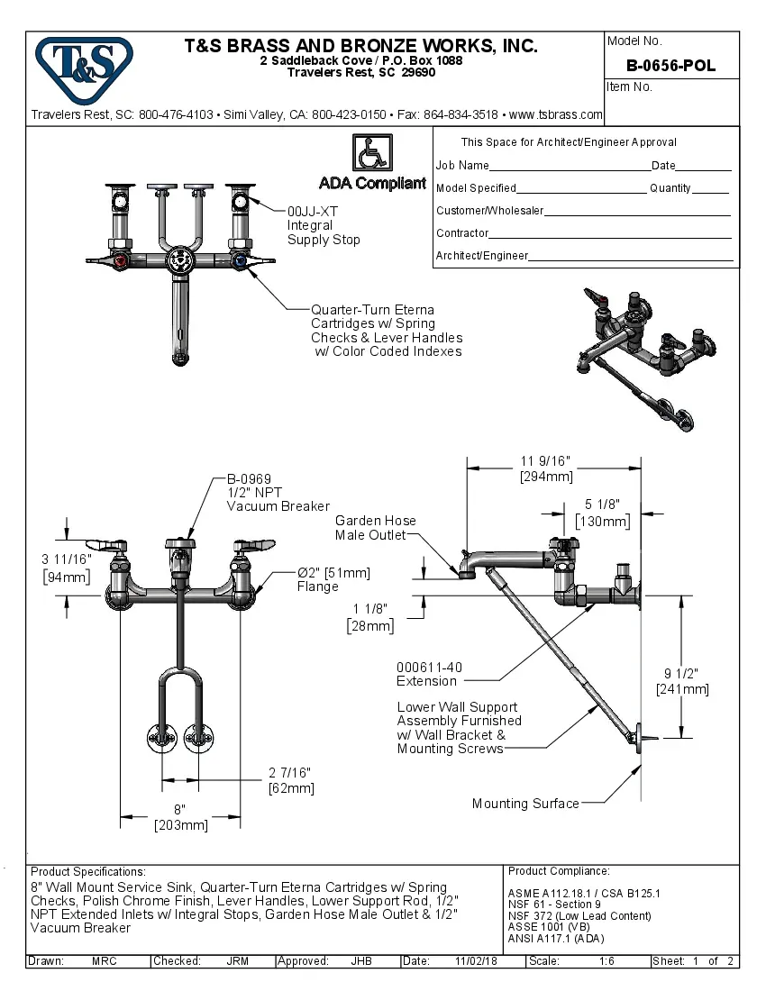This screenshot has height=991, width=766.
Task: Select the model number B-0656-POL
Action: tap(670, 66)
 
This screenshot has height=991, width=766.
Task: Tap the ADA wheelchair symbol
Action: tap(371, 152)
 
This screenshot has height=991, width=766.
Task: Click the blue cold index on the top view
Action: tap(240, 262)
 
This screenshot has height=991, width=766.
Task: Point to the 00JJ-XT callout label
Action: tap(313, 211)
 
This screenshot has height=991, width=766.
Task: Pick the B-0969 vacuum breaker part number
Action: tap(249, 478)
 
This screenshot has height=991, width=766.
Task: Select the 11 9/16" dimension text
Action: tap(546, 462)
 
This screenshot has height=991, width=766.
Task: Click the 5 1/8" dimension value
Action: tap(602, 505)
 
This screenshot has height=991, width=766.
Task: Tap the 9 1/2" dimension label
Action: tap(681, 674)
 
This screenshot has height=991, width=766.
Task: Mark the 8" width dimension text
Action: tap(180, 809)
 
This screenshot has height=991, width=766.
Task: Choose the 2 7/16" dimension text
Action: tap(291, 773)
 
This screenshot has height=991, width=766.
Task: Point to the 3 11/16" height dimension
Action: tap(67, 560)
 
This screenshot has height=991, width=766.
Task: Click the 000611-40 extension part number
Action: tap(429, 668)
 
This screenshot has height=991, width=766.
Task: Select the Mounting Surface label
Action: tap(525, 804)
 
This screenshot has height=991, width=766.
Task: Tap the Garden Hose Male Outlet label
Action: tap(376, 528)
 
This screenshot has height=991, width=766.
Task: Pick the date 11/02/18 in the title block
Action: tap(477, 961)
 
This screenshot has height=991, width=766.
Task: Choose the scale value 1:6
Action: tap(607, 961)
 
